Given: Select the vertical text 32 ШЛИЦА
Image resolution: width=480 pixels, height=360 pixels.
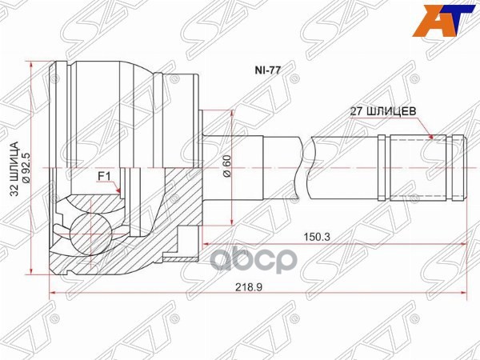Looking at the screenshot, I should coord(14,169).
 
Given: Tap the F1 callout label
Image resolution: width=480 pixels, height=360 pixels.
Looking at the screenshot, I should coord(103,174).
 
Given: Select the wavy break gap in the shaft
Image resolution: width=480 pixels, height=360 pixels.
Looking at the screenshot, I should coord(306,169).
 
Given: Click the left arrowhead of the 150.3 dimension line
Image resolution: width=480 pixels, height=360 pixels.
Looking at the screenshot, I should coord(206,242).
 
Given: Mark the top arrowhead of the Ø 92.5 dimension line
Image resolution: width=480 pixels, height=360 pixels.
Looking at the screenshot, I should coord(31,66).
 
